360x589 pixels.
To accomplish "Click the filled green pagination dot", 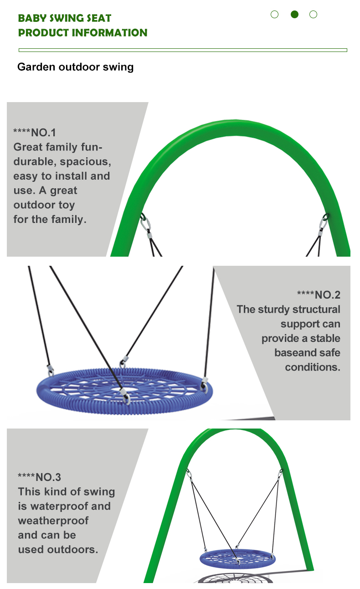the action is [x=294, y=14].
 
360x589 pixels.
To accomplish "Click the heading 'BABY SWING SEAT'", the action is [x=65, y=18].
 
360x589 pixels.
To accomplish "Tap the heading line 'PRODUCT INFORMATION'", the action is [x=83, y=33].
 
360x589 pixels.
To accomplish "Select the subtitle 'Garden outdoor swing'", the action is [x=75, y=67].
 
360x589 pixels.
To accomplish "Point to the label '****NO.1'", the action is [x=35, y=133].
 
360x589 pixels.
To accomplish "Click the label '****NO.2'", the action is [x=319, y=295].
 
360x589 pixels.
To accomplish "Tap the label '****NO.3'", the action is [x=39, y=477].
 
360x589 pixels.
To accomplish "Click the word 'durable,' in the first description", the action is [x=35, y=162].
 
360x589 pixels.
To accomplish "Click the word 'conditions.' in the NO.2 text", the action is [x=313, y=367].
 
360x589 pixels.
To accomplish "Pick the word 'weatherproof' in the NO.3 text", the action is [x=53, y=521].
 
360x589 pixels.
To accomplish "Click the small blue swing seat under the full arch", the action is [x=237, y=559].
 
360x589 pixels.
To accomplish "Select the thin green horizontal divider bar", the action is [x=183, y=50].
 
